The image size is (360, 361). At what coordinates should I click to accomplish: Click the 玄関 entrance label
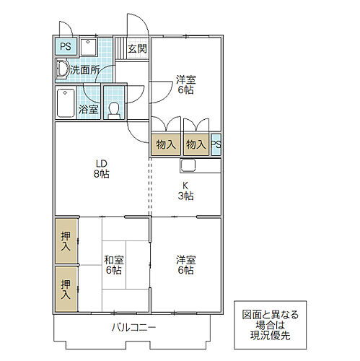[137, 49]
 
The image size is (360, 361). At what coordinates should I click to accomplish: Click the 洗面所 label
[85, 71]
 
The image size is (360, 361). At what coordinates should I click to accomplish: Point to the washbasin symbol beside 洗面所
[61, 70]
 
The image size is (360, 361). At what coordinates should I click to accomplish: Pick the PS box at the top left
[66, 48]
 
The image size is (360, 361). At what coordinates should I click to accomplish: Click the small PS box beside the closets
[216, 144]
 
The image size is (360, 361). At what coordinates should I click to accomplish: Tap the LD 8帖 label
[100, 169]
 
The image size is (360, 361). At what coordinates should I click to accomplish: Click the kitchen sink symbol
[188, 165]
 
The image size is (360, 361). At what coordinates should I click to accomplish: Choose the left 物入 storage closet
[165, 144]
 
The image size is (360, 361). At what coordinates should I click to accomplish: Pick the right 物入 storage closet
[196, 144]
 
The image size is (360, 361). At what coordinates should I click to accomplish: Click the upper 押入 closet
[66, 241]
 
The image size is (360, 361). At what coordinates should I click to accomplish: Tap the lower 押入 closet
[66, 289]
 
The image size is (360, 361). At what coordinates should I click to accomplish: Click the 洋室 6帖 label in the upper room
[186, 84]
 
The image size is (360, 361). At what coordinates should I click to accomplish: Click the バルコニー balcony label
[133, 329]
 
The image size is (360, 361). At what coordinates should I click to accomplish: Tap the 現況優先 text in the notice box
[270, 336]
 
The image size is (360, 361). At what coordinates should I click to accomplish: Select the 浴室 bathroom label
[88, 111]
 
